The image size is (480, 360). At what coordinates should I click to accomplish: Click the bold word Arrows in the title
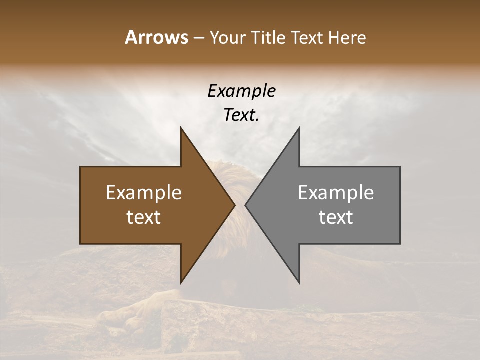tap(156, 37)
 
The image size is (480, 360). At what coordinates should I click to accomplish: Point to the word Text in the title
tap(307, 37)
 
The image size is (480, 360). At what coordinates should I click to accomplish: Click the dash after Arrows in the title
tap(198, 38)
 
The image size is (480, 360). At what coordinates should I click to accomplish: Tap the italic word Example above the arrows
tap(241, 91)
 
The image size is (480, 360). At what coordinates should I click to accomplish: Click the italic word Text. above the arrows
tap(241, 115)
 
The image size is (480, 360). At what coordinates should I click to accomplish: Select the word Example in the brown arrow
tap(143, 193)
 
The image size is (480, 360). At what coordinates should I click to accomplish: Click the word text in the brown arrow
tap(143, 217)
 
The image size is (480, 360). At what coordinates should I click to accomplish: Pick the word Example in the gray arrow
tap(336, 193)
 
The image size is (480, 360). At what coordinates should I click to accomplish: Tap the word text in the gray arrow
tap(336, 217)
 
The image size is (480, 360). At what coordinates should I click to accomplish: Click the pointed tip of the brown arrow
tap(234, 205)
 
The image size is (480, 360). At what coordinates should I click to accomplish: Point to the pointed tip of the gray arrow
tap(245, 205)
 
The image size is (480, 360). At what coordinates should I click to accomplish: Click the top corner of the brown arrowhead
tap(181, 128)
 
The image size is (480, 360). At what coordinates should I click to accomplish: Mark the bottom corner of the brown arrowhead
tap(181, 282)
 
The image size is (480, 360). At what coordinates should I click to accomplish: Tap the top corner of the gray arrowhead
tap(299, 128)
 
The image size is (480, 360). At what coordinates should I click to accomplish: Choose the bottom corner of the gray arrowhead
tap(299, 282)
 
